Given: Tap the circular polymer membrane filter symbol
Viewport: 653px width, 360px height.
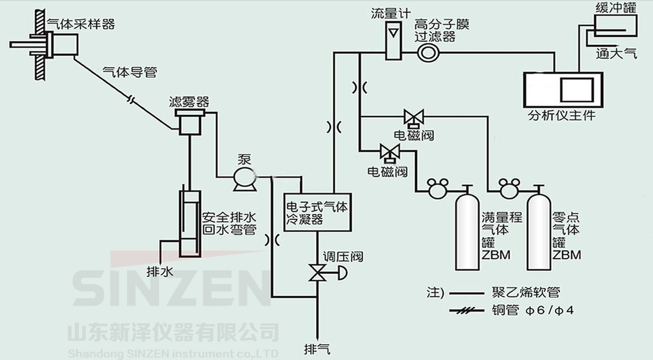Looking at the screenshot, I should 428,53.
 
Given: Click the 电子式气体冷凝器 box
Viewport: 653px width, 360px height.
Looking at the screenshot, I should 317,212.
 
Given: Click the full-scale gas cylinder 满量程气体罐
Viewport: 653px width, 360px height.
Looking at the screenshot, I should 467,232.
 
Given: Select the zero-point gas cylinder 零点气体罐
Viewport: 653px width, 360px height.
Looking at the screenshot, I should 539,232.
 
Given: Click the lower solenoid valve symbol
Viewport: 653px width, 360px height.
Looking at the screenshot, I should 388,151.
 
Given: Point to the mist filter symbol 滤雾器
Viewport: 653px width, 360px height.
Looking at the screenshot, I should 190,121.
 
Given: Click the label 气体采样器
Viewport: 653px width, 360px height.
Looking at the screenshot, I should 80,24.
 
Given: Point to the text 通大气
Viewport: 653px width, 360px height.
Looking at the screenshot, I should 616,54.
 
